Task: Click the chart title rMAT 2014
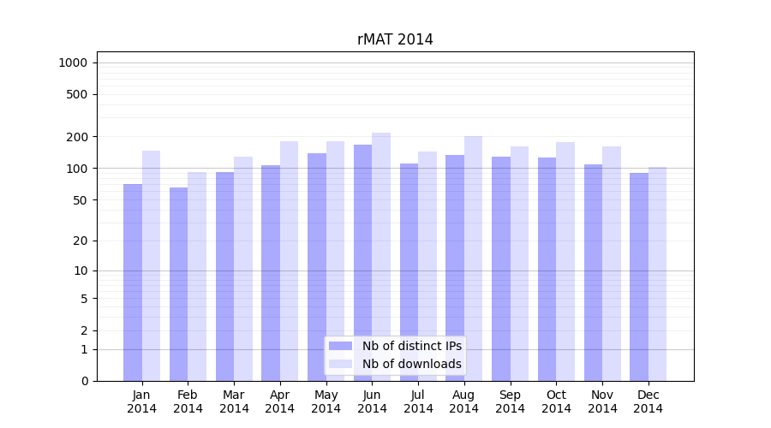click(x=395, y=40)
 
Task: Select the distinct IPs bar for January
click(x=133, y=282)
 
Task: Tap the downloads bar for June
click(x=381, y=257)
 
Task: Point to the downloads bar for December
click(x=657, y=274)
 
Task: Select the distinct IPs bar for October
click(x=547, y=269)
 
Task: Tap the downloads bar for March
click(x=243, y=269)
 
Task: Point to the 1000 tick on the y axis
click(x=73, y=62)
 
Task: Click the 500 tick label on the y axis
click(x=78, y=94)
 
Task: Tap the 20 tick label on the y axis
click(x=81, y=241)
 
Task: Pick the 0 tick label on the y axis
click(x=84, y=381)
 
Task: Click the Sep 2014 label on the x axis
click(x=510, y=401)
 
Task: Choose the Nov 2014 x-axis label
click(x=602, y=401)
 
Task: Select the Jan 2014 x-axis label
click(x=141, y=401)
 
